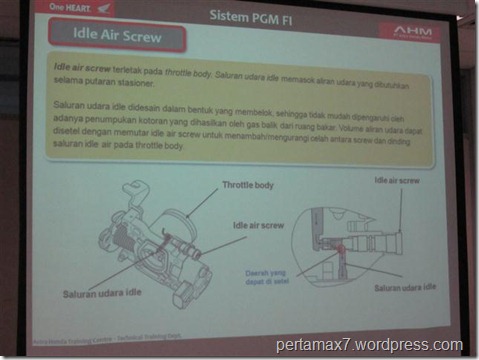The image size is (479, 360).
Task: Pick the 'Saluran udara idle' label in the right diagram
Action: [403, 287]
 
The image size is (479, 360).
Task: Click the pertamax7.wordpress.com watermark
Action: [370, 345]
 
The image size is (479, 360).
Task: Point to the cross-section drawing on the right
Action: [371, 240]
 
